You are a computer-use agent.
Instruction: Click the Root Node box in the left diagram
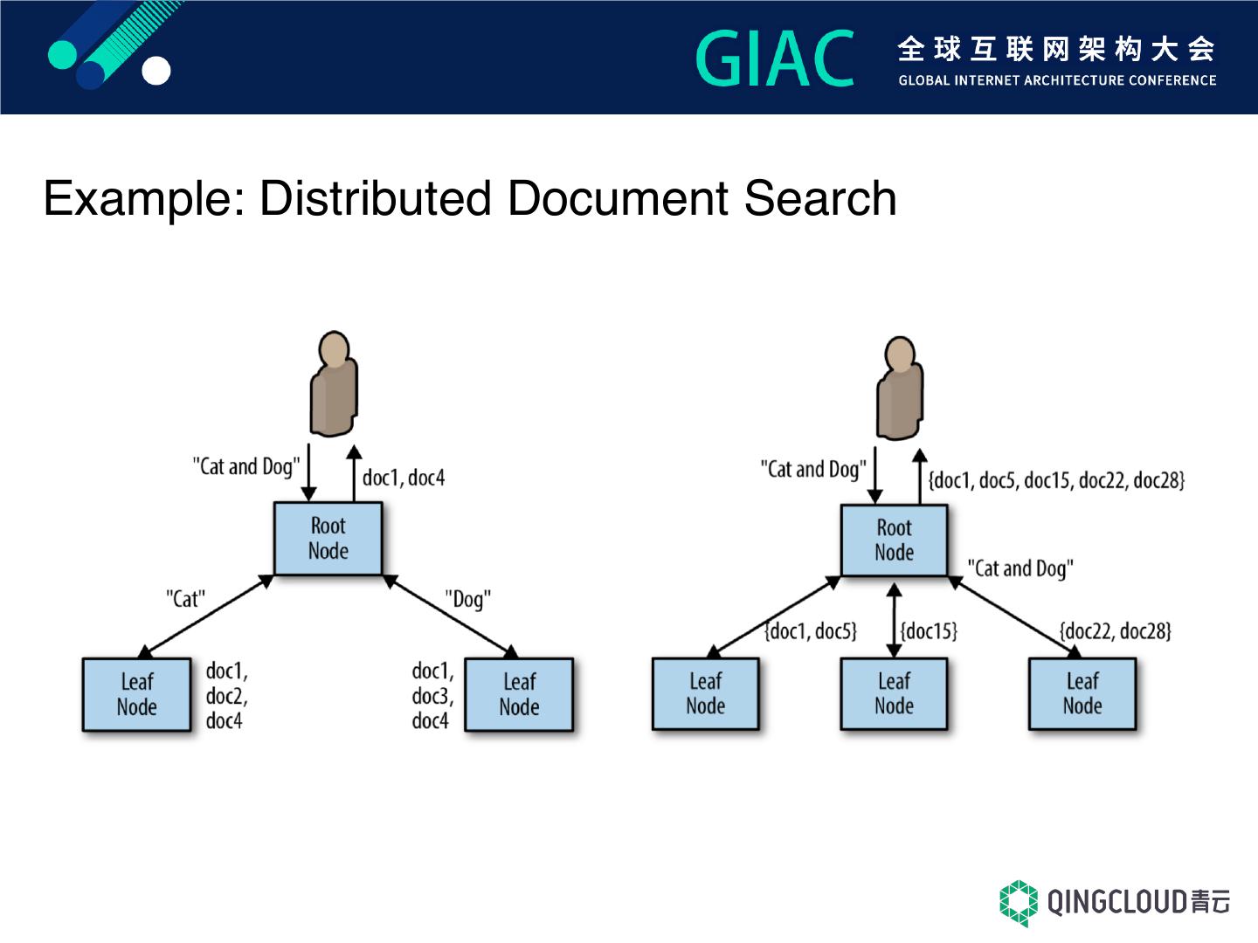(328, 538)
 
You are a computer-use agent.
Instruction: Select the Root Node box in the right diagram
(894, 540)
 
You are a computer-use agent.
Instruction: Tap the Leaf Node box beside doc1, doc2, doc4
(136, 694)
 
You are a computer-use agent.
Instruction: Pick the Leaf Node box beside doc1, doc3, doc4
(519, 694)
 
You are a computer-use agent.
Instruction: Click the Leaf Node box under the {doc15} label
(894, 693)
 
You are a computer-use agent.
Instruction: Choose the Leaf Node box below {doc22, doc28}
(1082, 693)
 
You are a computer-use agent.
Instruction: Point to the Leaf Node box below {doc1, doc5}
(705, 693)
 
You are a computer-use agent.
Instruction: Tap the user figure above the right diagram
(899, 388)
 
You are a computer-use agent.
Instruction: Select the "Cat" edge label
(185, 599)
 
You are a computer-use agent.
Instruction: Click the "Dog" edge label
(468, 600)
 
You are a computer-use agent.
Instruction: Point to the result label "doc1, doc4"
(404, 478)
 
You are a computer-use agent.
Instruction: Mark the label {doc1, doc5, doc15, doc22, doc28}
(1056, 480)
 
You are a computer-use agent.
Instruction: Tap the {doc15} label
(929, 630)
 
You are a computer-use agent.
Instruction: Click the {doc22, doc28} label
(1115, 630)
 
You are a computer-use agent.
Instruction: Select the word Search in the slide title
(820, 198)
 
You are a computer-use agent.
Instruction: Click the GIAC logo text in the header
(775, 59)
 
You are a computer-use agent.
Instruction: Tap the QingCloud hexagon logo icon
(1019, 902)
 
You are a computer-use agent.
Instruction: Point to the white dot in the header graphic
(156, 72)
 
